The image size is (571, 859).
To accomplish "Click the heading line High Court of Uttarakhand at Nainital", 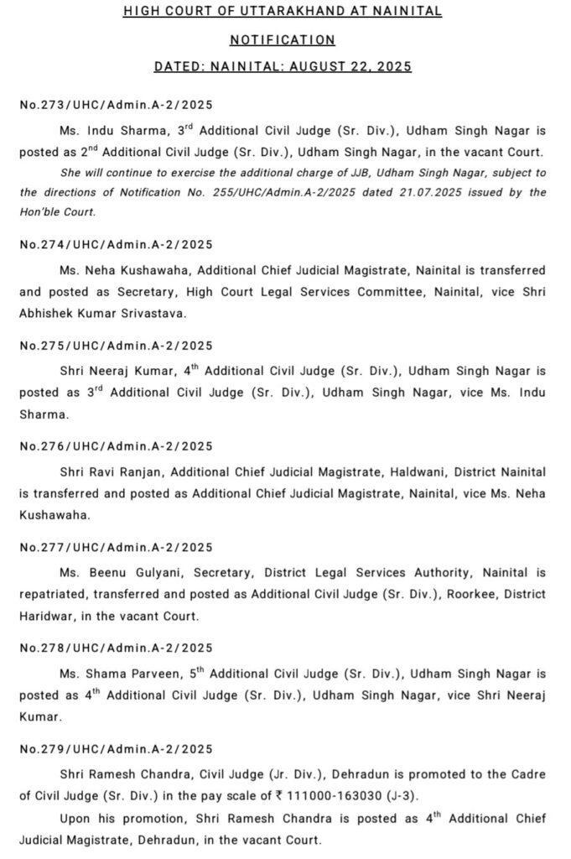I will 283,12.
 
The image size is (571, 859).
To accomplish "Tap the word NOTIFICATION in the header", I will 283,39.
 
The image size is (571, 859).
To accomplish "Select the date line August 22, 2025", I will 283,66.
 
